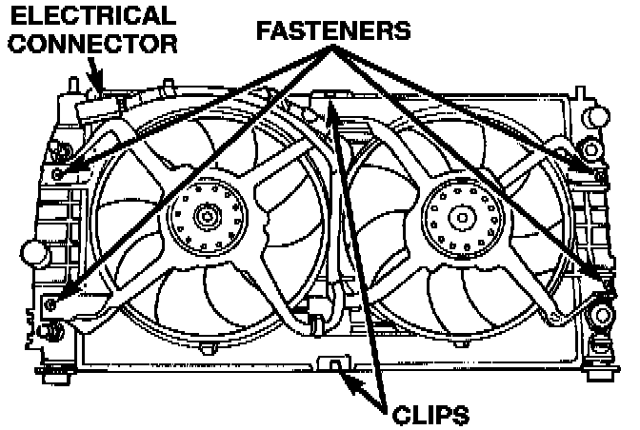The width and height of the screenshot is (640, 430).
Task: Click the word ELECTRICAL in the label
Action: click(88, 15)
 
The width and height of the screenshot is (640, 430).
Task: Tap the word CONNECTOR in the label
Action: click(90, 43)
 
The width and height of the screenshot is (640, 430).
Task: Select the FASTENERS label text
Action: click(332, 30)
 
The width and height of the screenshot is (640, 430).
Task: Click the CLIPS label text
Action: click(430, 413)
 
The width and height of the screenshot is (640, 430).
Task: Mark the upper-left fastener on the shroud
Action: click(60, 175)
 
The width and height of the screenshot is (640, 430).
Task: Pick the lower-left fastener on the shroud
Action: click(50, 304)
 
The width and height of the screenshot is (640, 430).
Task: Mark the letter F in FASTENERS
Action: click(263, 30)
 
